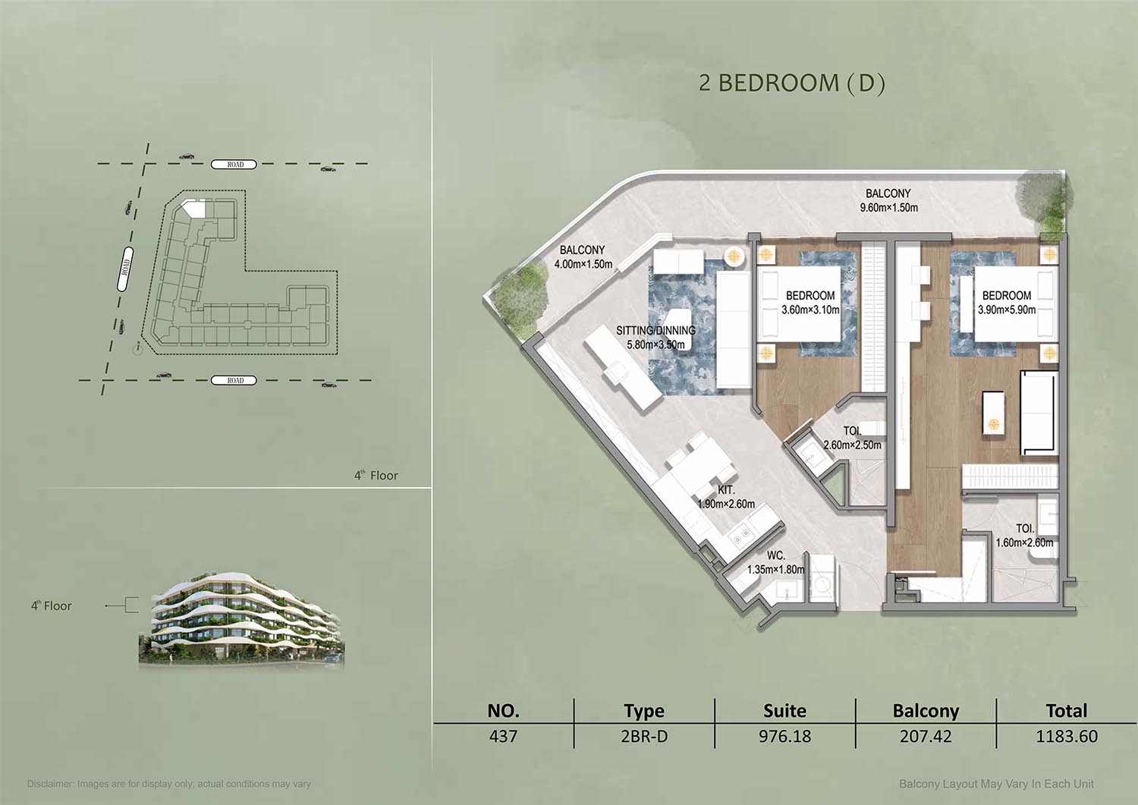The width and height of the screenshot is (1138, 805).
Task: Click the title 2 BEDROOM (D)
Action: click(791, 83)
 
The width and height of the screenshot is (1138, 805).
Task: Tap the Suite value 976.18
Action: click(785, 737)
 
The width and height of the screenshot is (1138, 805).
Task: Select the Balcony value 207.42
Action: click(926, 737)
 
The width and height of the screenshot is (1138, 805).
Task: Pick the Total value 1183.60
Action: click(1067, 737)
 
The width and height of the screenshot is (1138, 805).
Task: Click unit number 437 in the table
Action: click(503, 737)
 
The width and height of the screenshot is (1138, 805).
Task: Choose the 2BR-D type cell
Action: click(643, 737)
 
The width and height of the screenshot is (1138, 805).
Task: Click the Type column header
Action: click(643, 711)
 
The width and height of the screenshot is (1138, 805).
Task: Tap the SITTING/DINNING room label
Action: click(656, 331)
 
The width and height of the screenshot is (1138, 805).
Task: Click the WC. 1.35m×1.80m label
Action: click(775, 563)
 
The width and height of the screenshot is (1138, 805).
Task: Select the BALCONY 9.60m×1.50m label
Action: click(888, 200)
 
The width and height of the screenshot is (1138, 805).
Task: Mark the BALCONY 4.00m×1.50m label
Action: click(583, 257)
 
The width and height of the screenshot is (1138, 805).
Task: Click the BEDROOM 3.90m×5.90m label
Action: click(1007, 303)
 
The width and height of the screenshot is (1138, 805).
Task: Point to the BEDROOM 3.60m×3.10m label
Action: click(810, 303)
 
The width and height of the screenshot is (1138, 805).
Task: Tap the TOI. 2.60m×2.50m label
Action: click(852, 438)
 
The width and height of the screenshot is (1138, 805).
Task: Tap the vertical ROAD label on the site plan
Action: click(125, 269)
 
